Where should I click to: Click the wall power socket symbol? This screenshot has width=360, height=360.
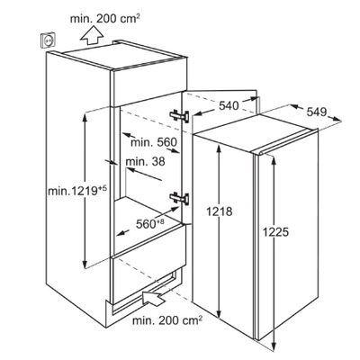[48, 40]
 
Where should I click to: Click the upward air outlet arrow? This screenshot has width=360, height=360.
[92, 36]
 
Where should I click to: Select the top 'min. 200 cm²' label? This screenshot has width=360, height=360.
[105, 19]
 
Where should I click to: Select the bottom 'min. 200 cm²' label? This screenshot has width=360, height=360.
[167, 320]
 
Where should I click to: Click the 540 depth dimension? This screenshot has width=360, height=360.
[229, 105]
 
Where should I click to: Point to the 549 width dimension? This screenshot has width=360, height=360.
[317, 112]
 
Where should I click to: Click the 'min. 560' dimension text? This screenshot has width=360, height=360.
[154, 142]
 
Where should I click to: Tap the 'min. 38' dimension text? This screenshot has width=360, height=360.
[145, 162]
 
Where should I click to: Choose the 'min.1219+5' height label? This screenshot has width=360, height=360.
[77, 191]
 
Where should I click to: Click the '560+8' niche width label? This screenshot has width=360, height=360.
[150, 223]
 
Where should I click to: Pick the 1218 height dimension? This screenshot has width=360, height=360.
[219, 211]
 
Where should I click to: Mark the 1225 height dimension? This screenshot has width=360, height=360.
[275, 231]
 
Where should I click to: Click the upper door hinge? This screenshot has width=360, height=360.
[179, 116]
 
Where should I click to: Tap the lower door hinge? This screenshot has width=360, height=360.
[179, 198]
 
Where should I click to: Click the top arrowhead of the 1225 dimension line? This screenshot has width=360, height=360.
[274, 161]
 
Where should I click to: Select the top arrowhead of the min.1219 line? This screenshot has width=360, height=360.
[85, 117]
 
